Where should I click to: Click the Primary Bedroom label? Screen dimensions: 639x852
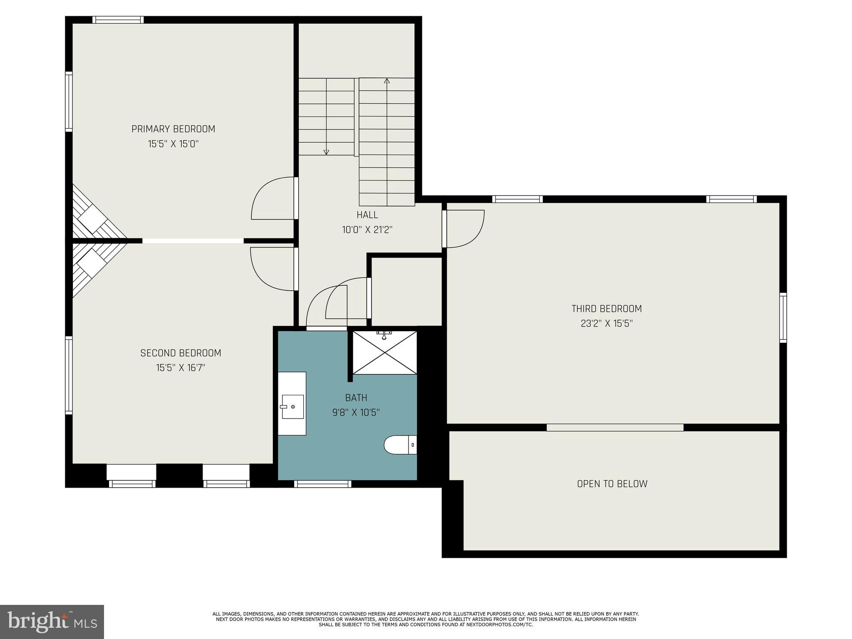173,129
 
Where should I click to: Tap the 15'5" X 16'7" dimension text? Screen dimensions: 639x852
181,368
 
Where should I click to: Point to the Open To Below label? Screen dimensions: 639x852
612,484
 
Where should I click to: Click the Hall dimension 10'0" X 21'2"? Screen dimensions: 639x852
367,230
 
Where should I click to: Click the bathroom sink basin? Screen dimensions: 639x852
292,406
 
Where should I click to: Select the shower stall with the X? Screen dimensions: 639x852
384,353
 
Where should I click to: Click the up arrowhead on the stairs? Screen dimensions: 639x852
387,81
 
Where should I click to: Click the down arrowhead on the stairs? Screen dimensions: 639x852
326,152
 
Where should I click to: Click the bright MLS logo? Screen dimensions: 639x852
52,622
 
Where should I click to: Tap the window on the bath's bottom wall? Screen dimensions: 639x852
322,484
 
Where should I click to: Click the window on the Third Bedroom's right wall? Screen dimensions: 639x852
783,318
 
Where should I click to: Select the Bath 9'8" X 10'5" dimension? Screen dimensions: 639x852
356,413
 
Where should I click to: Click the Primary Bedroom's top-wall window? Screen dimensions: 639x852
118,20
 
